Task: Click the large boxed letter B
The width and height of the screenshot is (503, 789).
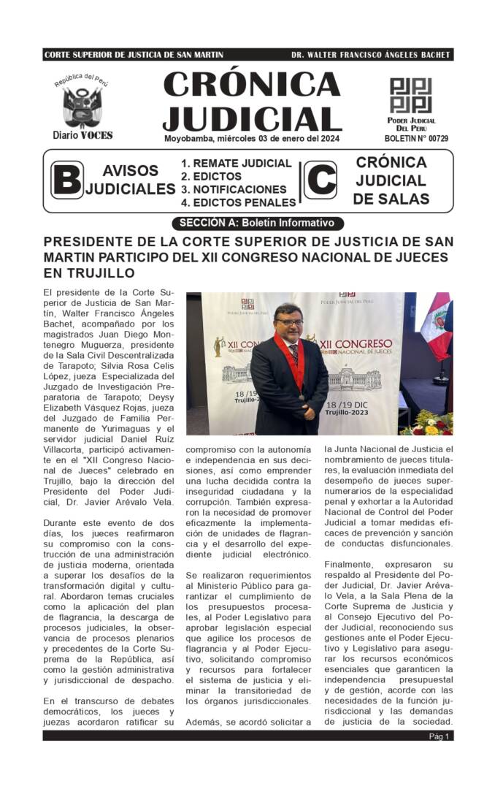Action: [x=66, y=180]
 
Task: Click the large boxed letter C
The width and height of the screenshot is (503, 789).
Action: [x=320, y=180]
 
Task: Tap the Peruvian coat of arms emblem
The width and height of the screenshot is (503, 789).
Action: [x=82, y=107]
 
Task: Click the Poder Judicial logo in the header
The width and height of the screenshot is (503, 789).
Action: [x=410, y=95]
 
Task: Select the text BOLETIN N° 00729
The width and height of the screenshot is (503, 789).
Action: [x=416, y=138]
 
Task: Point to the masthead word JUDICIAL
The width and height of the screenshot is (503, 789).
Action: [x=252, y=118]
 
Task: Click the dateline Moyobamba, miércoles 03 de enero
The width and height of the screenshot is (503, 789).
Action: [x=252, y=138]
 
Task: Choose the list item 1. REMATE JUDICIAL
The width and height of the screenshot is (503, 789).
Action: [x=236, y=164]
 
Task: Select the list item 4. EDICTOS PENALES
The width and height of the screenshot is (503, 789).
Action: [x=238, y=202]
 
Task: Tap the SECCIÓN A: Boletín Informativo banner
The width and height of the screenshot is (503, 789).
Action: [x=256, y=224]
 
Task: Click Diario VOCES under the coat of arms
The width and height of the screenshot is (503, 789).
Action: [x=82, y=135]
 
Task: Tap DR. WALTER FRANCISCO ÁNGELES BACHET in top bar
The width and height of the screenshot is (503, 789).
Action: [x=370, y=55]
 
